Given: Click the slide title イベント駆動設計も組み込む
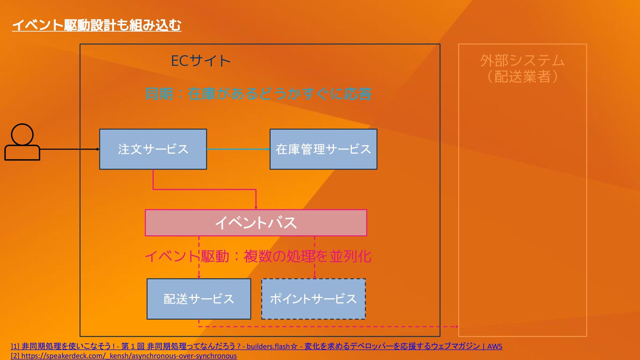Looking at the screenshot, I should click(97, 25).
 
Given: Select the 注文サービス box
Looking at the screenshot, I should click(153, 149).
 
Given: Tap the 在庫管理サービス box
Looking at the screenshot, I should click(323, 149).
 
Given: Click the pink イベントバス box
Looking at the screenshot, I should click(256, 223).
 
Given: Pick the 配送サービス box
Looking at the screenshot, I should click(199, 299).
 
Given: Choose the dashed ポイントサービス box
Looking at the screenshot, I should click(313, 299).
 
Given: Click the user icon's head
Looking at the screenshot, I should click(22, 134).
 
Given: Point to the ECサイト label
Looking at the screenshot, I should click(201, 61).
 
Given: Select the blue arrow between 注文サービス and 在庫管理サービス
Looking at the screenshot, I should click(238, 149).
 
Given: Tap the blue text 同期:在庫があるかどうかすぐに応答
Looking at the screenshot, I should click(258, 94).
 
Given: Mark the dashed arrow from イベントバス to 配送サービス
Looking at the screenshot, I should click(199, 263).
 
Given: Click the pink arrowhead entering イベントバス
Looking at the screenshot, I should click(256, 207).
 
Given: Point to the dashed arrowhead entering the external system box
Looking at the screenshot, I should click(456, 327).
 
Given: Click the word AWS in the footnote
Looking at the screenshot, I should click(495, 346).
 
